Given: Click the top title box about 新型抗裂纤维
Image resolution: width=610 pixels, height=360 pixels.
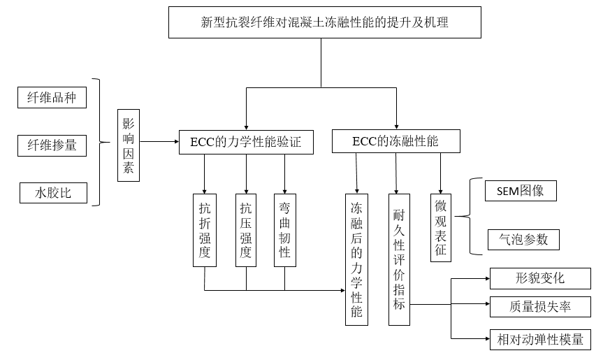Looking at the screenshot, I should pyautogui.click(x=324, y=22).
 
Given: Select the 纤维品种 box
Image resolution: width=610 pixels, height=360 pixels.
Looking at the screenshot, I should pyautogui.click(x=52, y=98).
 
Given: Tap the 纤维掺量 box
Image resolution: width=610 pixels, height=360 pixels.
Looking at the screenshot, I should pyautogui.click(x=52, y=145).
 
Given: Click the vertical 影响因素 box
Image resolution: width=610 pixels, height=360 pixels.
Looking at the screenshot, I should pyautogui.click(x=129, y=145).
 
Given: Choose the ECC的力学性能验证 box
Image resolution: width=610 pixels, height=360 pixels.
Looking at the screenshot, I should pyautogui.click(x=245, y=142).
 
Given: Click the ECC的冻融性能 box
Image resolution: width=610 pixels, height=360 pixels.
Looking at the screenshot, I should pyautogui.click(x=395, y=141).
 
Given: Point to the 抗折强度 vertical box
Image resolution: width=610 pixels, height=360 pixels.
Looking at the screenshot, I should pyautogui.click(x=205, y=230).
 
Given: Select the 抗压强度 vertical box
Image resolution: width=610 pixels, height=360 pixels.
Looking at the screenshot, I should pyautogui.click(x=246, y=230).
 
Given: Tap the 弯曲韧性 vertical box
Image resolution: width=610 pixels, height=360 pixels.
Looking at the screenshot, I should pyautogui.click(x=285, y=230).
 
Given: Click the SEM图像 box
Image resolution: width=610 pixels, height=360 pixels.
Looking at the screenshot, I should pyautogui.click(x=521, y=190).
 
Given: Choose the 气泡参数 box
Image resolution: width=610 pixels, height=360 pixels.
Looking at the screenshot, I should pyautogui.click(x=523, y=240).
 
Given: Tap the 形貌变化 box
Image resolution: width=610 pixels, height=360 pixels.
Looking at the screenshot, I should pyautogui.click(x=539, y=278).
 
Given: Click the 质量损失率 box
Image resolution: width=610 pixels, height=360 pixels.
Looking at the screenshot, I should pyautogui.click(x=539, y=306).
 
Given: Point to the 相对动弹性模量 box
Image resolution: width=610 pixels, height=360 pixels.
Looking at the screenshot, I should pyautogui.click(x=539, y=340).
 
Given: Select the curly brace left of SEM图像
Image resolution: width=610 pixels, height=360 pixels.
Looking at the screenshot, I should pyautogui.click(x=474, y=215).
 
